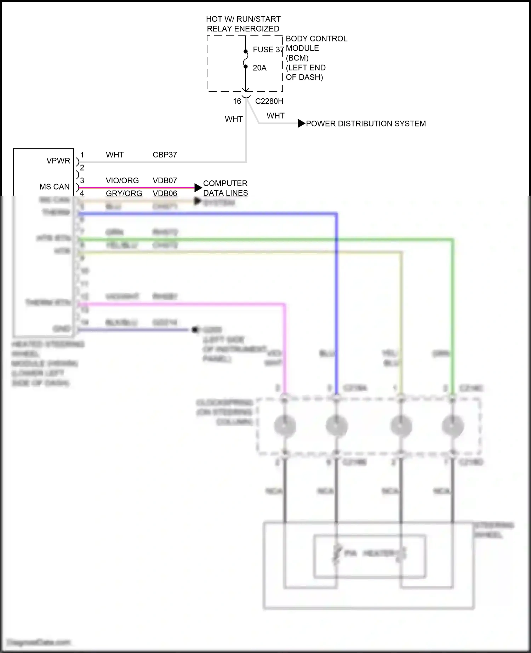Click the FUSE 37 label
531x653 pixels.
pos(268,50)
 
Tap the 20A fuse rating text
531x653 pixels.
pos(259,68)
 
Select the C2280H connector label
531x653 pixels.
pos(269,101)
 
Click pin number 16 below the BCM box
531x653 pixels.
pos(237,101)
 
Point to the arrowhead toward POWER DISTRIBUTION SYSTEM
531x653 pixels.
pos(301,123)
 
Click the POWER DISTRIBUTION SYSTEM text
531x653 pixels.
pos(366,124)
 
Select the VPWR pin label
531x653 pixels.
pos(58,161)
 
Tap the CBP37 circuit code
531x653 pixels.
pos(165,155)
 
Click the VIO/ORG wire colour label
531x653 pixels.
pos(122,180)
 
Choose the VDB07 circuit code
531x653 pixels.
pos(165,180)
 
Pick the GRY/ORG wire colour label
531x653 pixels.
pos(124,193)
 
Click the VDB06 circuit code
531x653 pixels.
pos(165,193)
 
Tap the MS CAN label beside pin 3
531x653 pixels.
pos(55,186)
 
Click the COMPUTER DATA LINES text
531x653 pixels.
pos(225,188)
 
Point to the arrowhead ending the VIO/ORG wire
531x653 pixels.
pos(198,187)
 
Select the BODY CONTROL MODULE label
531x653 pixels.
pos(316,43)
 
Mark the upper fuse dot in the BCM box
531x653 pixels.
pos(246,52)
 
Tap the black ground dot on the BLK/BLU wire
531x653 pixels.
pos(194,330)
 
